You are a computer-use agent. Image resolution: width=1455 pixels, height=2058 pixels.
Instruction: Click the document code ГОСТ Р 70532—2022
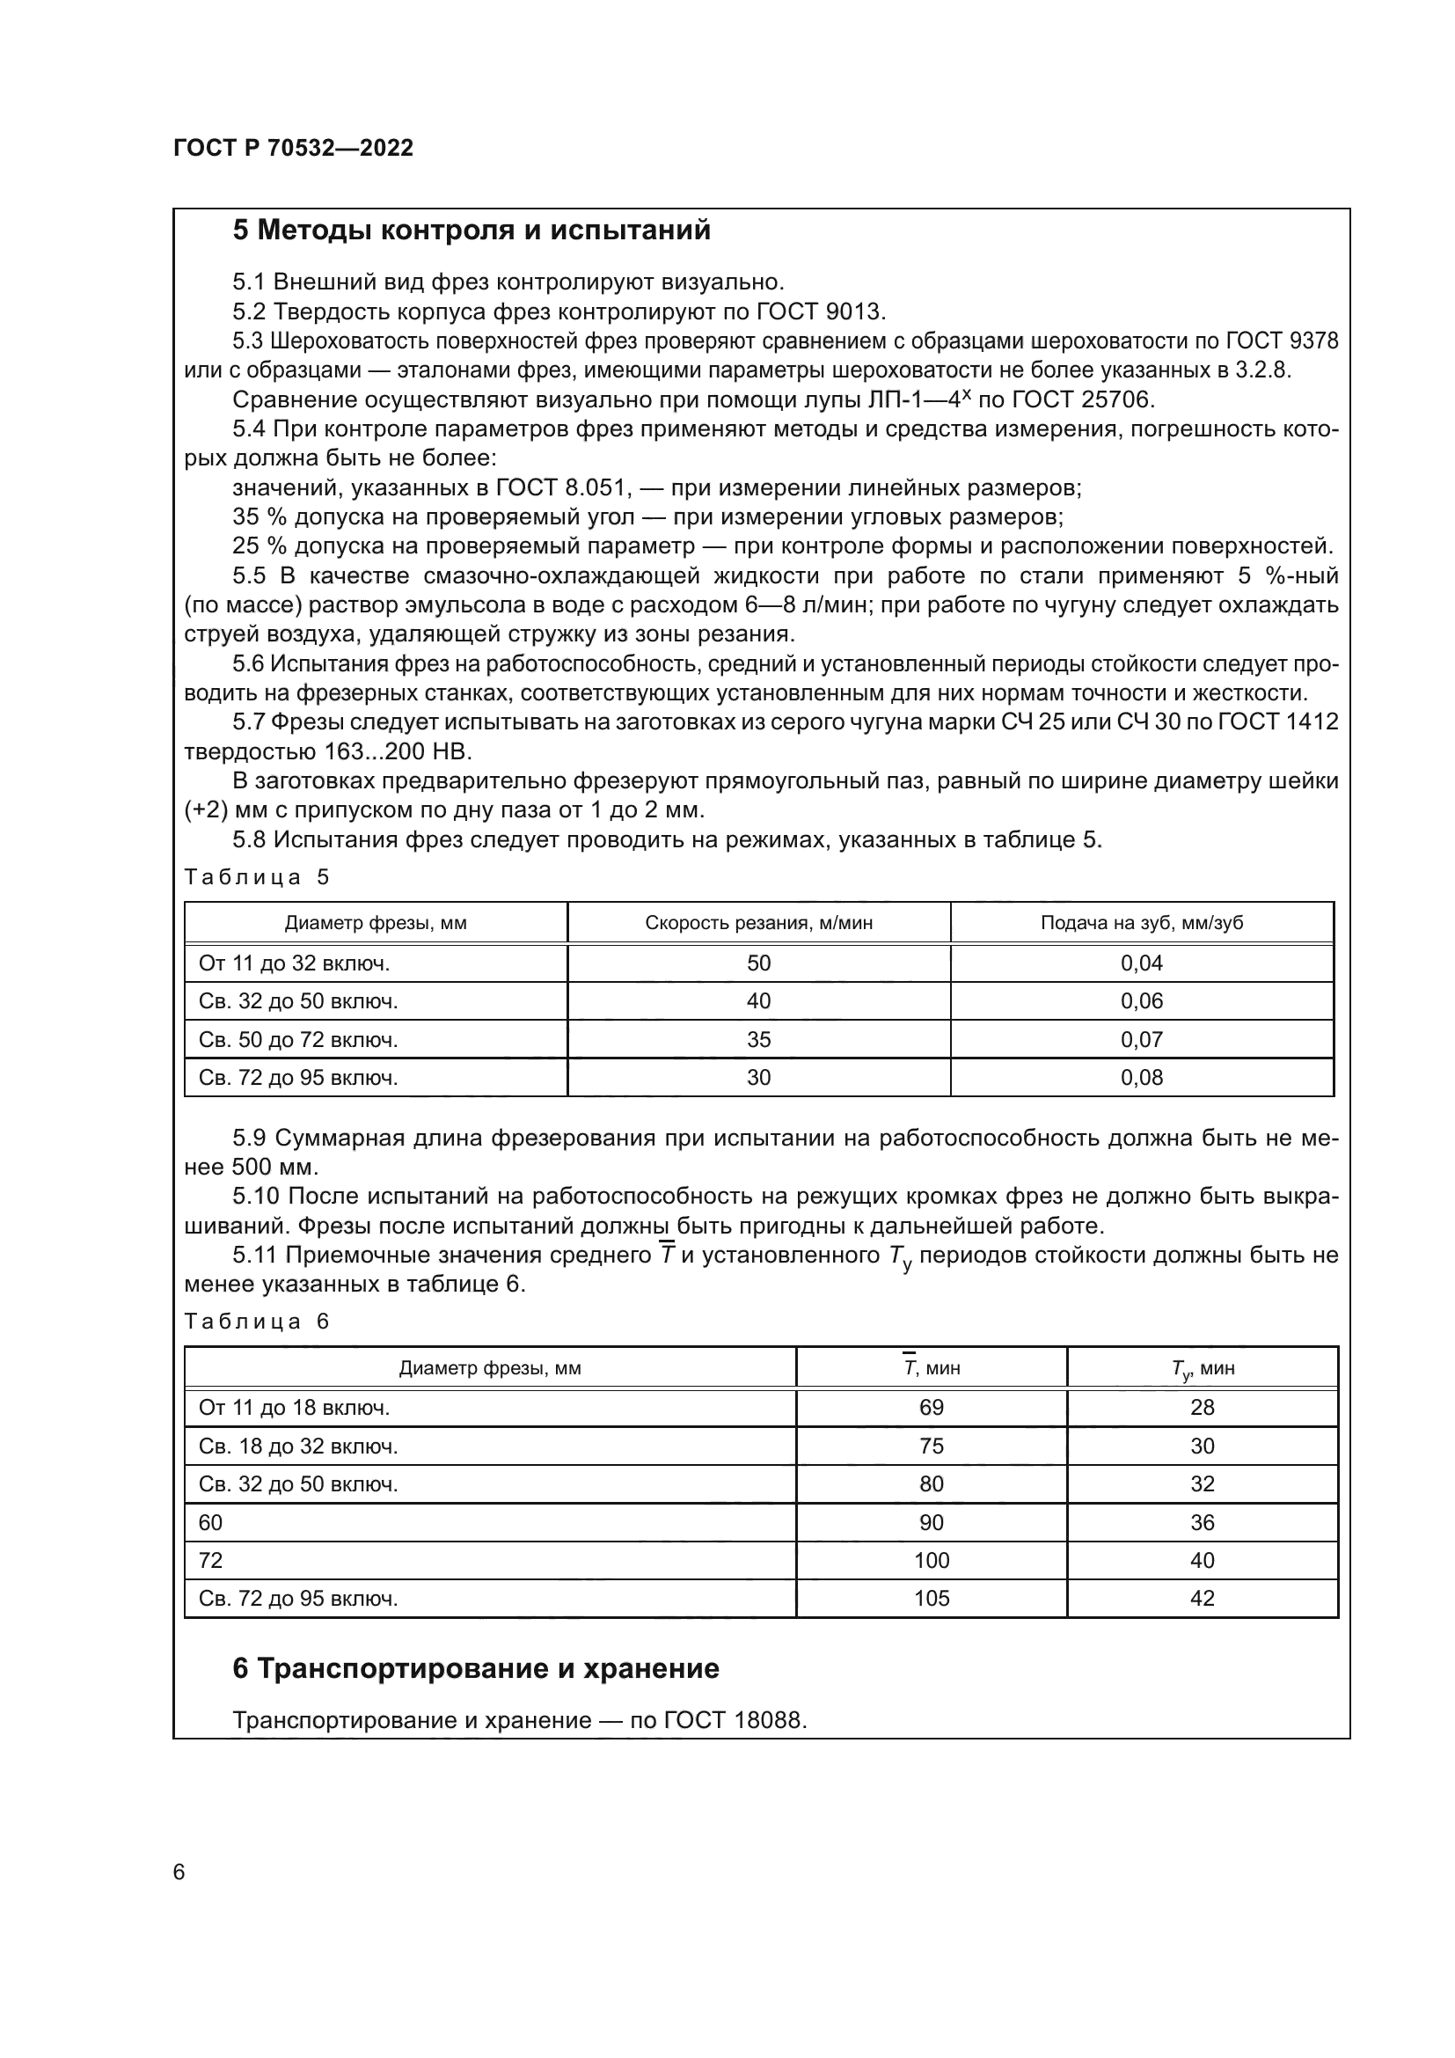[x=293, y=148]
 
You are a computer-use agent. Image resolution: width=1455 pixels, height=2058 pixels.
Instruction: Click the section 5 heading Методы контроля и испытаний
[x=472, y=231]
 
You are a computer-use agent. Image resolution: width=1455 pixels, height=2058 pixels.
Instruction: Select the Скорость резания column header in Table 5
[x=758, y=922]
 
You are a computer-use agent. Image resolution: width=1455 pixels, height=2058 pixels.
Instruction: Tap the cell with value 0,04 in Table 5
[x=1141, y=963]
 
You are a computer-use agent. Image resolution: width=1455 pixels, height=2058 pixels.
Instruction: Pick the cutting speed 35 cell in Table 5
[x=758, y=1040]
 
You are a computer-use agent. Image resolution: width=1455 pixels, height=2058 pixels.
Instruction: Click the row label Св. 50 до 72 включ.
[x=298, y=1040]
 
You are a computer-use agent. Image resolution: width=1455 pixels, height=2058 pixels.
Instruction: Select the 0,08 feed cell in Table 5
[x=1141, y=1078]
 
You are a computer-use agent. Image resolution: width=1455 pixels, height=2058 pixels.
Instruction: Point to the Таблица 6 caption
[x=257, y=1322]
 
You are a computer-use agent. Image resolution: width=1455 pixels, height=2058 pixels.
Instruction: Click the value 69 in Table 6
[x=931, y=1407]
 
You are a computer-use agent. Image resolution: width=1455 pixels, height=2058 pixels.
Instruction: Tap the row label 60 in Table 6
[x=210, y=1522]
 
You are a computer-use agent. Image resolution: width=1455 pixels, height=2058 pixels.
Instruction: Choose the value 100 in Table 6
[x=931, y=1561]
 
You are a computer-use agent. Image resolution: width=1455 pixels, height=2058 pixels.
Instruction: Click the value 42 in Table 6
[x=1202, y=1598]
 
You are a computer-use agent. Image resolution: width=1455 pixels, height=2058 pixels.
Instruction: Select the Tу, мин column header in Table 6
[x=1202, y=1369]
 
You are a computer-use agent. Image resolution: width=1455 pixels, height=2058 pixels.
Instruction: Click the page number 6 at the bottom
[x=179, y=1872]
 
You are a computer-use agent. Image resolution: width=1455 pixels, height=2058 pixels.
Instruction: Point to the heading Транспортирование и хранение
[x=476, y=1669]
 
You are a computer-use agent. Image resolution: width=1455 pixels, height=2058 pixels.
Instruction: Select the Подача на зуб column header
[x=1141, y=922]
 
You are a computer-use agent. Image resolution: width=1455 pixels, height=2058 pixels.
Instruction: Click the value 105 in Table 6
[x=931, y=1598]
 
